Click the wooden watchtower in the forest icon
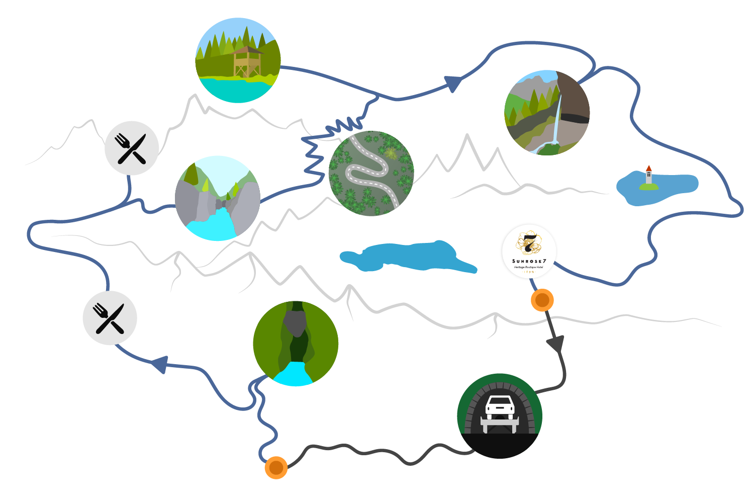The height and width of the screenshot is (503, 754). pyautogui.click(x=247, y=62)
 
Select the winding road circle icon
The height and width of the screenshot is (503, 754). pyautogui.click(x=371, y=174)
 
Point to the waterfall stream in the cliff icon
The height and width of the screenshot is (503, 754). pyautogui.click(x=556, y=121)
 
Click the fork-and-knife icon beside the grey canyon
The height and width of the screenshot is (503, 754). pyautogui.click(x=132, y=148)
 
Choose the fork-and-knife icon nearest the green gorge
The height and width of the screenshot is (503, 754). pyautogui.click(x=110, y=318)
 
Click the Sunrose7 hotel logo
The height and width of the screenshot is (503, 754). pyautogui.click(x=529, y=250)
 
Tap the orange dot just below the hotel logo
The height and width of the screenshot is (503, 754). pyautogui.click(x=542, y=300)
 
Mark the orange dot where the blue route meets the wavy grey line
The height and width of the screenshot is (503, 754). pyautogui.click(x=276, y=467)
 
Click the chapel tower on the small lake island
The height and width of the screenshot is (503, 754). pyautogui.click(x=649, y=175)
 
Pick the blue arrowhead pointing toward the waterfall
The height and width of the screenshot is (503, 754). pyautogui.click(x=453, y=83)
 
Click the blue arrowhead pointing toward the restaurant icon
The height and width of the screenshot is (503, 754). pyautogui.click(x=160, y=364)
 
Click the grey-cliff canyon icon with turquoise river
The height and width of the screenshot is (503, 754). pyautogui.click(x=218, y=198)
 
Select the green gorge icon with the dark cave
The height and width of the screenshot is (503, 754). pyautogui.click(x=296, y=344)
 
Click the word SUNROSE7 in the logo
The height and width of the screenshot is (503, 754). pyautogui.click(x=529, y=261)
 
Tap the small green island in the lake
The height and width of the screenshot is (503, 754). pyautogui.click(x=648, y=187)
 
